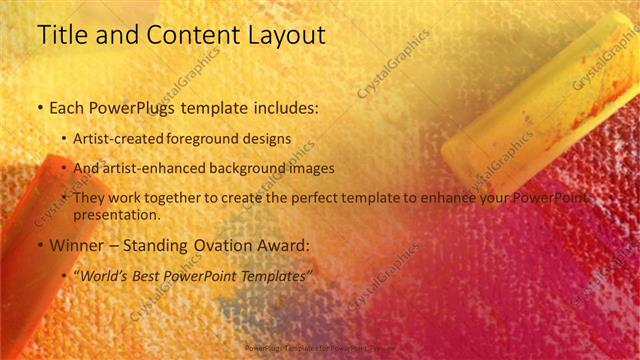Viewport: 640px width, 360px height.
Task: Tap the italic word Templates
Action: coord(269,274)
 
